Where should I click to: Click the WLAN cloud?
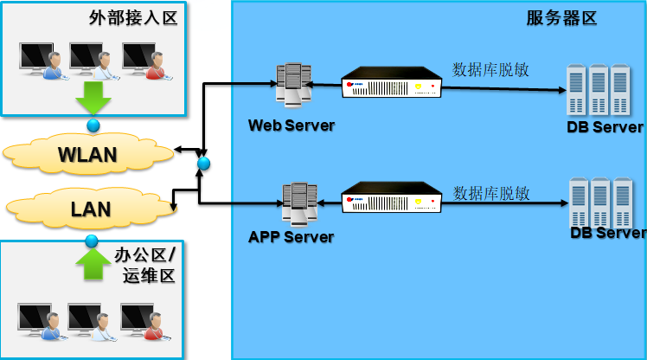click(x=87, y=154)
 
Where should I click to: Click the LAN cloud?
click(x=90, y=209)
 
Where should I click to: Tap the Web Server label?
click(x=291, y=125)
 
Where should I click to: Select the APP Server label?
click(x=291, y=236)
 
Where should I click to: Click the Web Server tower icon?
click(x=293, y=85)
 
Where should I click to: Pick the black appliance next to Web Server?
click(x=391, y=82)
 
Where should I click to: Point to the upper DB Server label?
click(x=605, y=127)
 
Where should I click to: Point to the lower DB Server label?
click(x=607, y=233)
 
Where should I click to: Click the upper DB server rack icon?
click(x=597, y=90)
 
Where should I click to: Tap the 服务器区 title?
click(x=561, y=18)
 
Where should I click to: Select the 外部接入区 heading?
click(x=132, y=17)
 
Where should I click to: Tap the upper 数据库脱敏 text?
click(x=490, y=69)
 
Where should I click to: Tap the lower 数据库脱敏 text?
click(x=490, y=192)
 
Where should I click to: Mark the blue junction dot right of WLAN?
click(x=203, y=163)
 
